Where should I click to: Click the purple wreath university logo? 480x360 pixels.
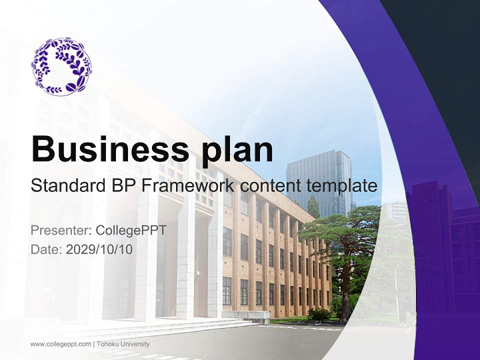(x=61, y=65)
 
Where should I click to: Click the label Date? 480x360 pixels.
(x=46, y=249)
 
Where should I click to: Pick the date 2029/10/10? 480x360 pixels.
(x=99, y=249)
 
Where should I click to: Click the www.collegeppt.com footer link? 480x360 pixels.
(x=60, y=344)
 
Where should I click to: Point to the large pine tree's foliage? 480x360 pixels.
(x=345, y=227)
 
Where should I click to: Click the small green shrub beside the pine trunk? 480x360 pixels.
(x=318, y=314)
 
